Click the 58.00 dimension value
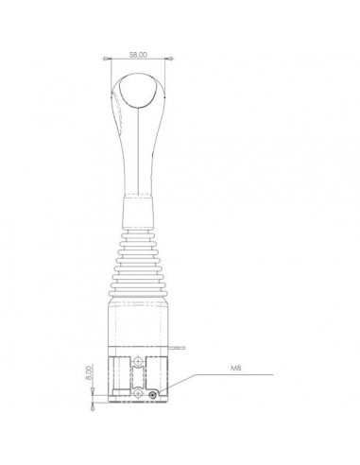coord(137,55)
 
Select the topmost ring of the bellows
coord(138,231)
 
